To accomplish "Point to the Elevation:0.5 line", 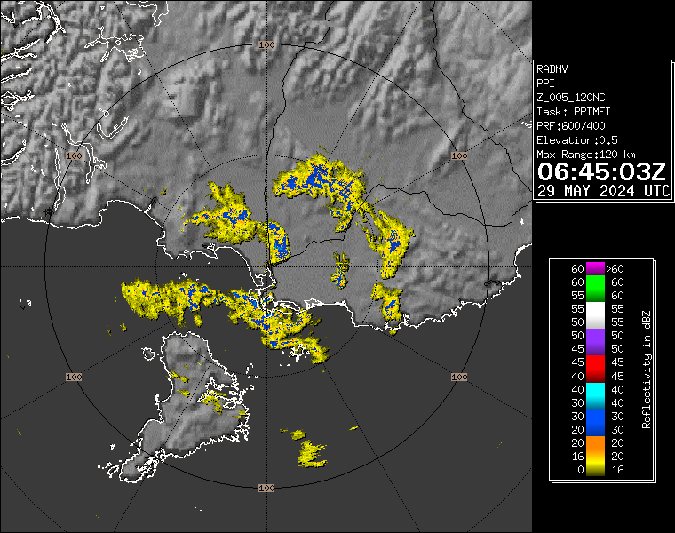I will (577, 140).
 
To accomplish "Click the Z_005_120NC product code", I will (572, 97).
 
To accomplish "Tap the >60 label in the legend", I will (615, 268).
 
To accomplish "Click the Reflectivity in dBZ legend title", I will (647, 369).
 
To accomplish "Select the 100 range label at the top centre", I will (266, 44).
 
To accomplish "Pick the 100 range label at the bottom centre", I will (266, 489).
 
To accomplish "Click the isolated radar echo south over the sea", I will (311, 451).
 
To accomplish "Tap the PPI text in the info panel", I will (545, 83).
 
